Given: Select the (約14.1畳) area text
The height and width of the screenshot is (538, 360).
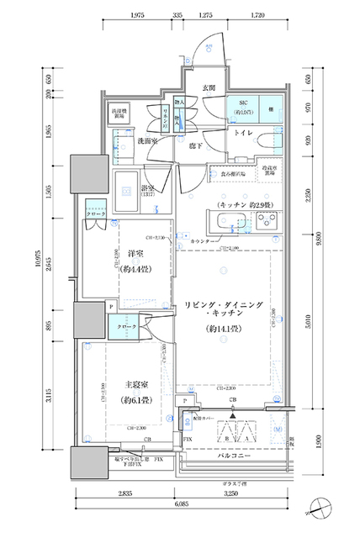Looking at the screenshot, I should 225,330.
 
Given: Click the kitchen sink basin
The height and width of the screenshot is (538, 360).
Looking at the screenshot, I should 228,223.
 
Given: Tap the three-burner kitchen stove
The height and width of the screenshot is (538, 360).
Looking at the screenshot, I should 268,222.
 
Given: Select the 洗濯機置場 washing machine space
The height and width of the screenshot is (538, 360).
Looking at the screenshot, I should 119,113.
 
